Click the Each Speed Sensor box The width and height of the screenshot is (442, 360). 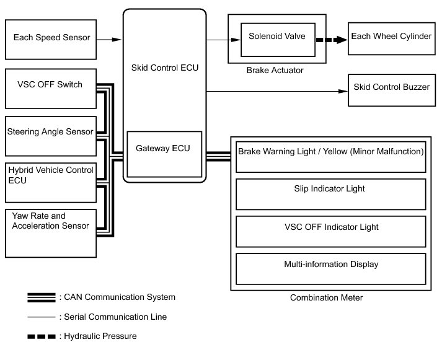[x=51, y=40]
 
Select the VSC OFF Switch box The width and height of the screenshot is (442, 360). [x=51, y=89]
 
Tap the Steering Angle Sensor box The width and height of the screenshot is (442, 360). [x=51, y=136]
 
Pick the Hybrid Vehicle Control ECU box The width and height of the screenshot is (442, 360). [x=51, y=183]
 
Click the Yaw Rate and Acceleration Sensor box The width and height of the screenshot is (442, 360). [x=51, y=233]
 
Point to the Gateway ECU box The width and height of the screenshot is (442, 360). [x=164, y=154]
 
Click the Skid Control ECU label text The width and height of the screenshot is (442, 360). [x=165, y=68]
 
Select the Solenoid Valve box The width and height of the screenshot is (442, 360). [x=278, y=40]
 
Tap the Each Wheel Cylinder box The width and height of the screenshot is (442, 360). [x=392, y=38]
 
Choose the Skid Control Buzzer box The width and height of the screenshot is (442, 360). [x=392, y=90]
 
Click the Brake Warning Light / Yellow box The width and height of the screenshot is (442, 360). [x=331, y=157]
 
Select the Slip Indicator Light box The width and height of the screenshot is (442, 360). [x=331, y=195]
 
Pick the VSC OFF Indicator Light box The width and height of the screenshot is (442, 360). [x=331, y=232]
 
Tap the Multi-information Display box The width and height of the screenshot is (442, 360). [x=331, y=269]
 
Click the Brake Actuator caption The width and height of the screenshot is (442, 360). [x=275, y=70]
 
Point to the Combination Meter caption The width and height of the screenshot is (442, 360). [x=327, y=297]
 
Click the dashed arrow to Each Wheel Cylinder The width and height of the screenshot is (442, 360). [x=332, y=40]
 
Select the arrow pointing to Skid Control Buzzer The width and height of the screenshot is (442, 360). [x=277, y=91]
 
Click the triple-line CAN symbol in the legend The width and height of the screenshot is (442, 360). [x=42, y=297]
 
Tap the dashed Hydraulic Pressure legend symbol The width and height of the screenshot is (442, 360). [x=42, y=336]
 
